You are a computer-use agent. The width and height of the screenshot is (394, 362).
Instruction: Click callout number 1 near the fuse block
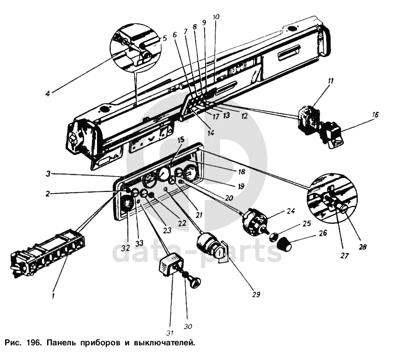point(53,296)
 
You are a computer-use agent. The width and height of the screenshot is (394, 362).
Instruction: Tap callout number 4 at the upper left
point(48,93)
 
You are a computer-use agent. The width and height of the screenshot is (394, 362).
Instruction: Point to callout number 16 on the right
point(375,115)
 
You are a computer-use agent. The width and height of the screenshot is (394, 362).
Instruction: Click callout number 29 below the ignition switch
point(256,294)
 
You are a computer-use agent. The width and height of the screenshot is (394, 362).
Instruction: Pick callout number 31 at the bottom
point(170,333)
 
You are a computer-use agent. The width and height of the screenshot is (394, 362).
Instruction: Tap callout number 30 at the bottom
point(188,326)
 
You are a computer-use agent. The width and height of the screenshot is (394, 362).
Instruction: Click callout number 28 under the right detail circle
point(362,247)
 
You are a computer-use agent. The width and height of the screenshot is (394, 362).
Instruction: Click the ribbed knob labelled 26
point(284,244)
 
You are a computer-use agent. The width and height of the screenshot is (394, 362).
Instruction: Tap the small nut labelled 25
point(273,237)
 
